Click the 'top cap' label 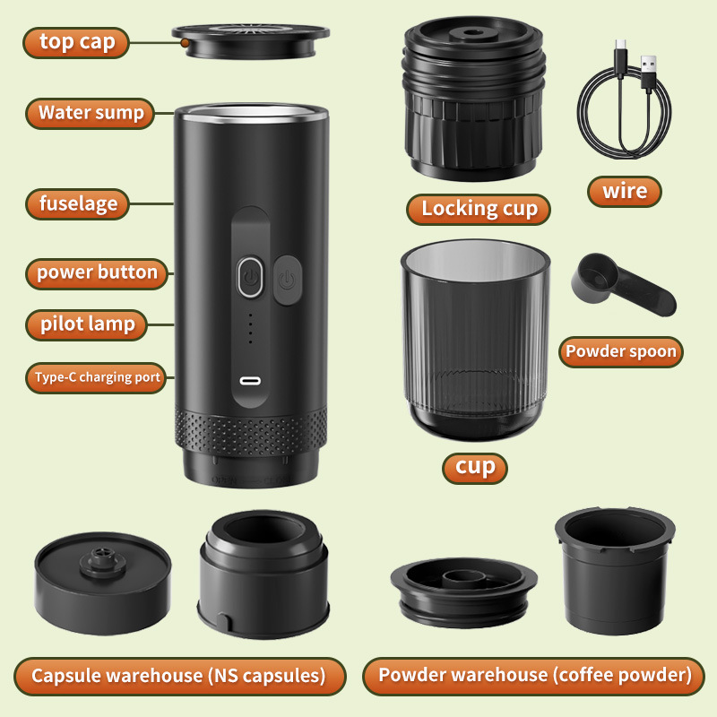[76, 42]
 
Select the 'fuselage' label [78, 203]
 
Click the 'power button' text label [97, 272]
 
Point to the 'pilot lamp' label [87, 324]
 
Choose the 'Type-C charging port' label [97, 377]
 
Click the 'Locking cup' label [479, 209]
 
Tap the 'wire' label [625, 191]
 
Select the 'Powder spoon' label [620, 351]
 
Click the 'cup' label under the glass [475, 467]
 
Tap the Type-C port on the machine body [251, 380]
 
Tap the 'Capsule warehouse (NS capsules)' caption [179, 676]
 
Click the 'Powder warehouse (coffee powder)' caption [535, 676]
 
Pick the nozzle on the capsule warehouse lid [100, 560]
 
